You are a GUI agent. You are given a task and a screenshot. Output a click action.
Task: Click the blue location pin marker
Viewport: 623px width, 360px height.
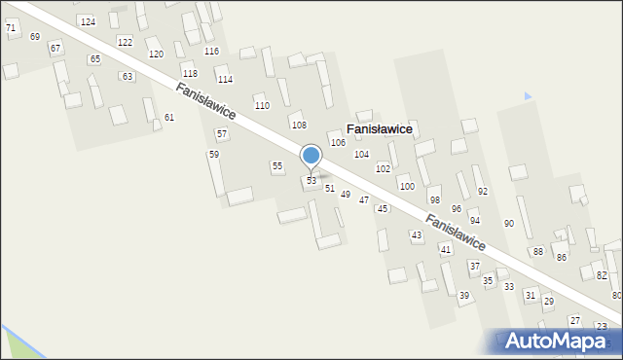[x=311, y=156]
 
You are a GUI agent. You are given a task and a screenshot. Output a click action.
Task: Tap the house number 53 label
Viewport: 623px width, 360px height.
[x=311, y=181]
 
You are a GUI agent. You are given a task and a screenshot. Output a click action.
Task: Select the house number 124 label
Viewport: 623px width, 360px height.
[x=88, y=21]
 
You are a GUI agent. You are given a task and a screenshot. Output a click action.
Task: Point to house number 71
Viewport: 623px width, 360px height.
[x=11, y=28]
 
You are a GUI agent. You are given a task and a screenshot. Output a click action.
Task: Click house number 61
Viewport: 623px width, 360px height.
[x=169, y=118]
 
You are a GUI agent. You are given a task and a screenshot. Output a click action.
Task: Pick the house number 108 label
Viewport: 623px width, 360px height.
[x=299, y=126]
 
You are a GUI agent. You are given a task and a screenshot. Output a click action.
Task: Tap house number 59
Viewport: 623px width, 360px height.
[x=214, y=155]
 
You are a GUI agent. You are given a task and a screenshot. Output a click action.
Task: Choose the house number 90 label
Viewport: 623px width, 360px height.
[x=508, y=224]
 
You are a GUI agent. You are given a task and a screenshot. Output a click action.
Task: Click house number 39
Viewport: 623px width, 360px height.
[x=464, y=296]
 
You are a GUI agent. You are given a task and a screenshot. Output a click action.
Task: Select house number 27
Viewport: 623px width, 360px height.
[x=574, y=321]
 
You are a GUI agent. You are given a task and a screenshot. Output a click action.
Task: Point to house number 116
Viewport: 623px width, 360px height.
[x=211, y=51]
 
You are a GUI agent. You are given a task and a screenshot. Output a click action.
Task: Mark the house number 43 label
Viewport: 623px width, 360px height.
[x=417, y=235]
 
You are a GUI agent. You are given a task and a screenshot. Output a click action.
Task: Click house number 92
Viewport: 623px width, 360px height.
[x=482, y=192]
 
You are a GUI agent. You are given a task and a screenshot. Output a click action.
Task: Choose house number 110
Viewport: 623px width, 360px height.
[x=261, y=105]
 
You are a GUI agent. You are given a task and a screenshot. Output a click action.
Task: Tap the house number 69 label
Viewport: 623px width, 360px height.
[x=35, y=36]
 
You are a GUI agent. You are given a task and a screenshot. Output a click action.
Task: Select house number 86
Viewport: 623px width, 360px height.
[x=561, y=258]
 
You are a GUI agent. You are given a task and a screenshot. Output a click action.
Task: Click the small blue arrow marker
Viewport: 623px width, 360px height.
[x=528, y=96]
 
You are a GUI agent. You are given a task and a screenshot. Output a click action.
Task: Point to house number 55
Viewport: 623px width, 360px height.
[x=277, y=166]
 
